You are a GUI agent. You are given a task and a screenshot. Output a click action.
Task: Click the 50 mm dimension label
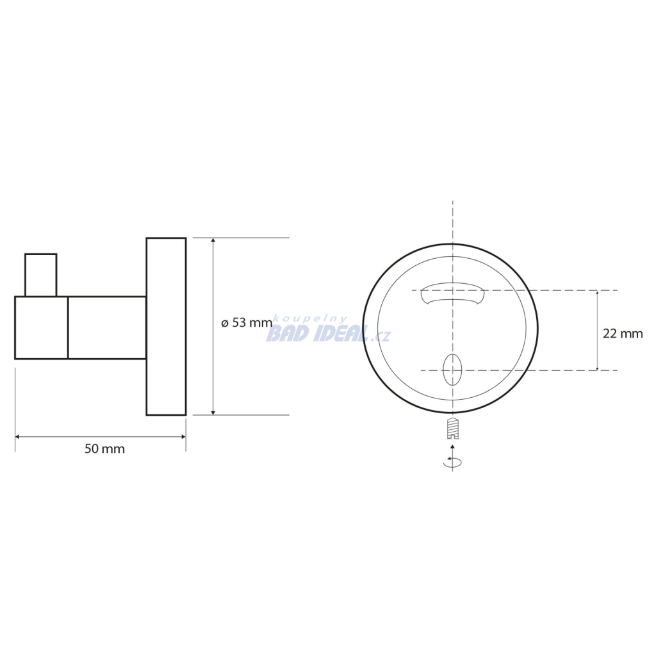click(104, 449)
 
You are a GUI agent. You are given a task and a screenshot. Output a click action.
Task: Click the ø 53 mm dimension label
click(247, 323)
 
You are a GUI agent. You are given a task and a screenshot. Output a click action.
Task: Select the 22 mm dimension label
click(623, 333)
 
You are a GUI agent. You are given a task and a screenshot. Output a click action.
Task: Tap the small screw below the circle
click(453, 428)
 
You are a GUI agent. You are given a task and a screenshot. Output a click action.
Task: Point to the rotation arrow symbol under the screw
click(453, 461)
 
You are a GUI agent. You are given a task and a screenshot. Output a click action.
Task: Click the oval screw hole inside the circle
click(452, 370)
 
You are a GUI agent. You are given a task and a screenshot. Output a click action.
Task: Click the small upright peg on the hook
click(40, 275)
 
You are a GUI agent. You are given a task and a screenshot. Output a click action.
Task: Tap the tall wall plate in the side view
click(166, 326)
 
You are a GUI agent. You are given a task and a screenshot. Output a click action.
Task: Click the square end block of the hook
click(42, 327)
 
